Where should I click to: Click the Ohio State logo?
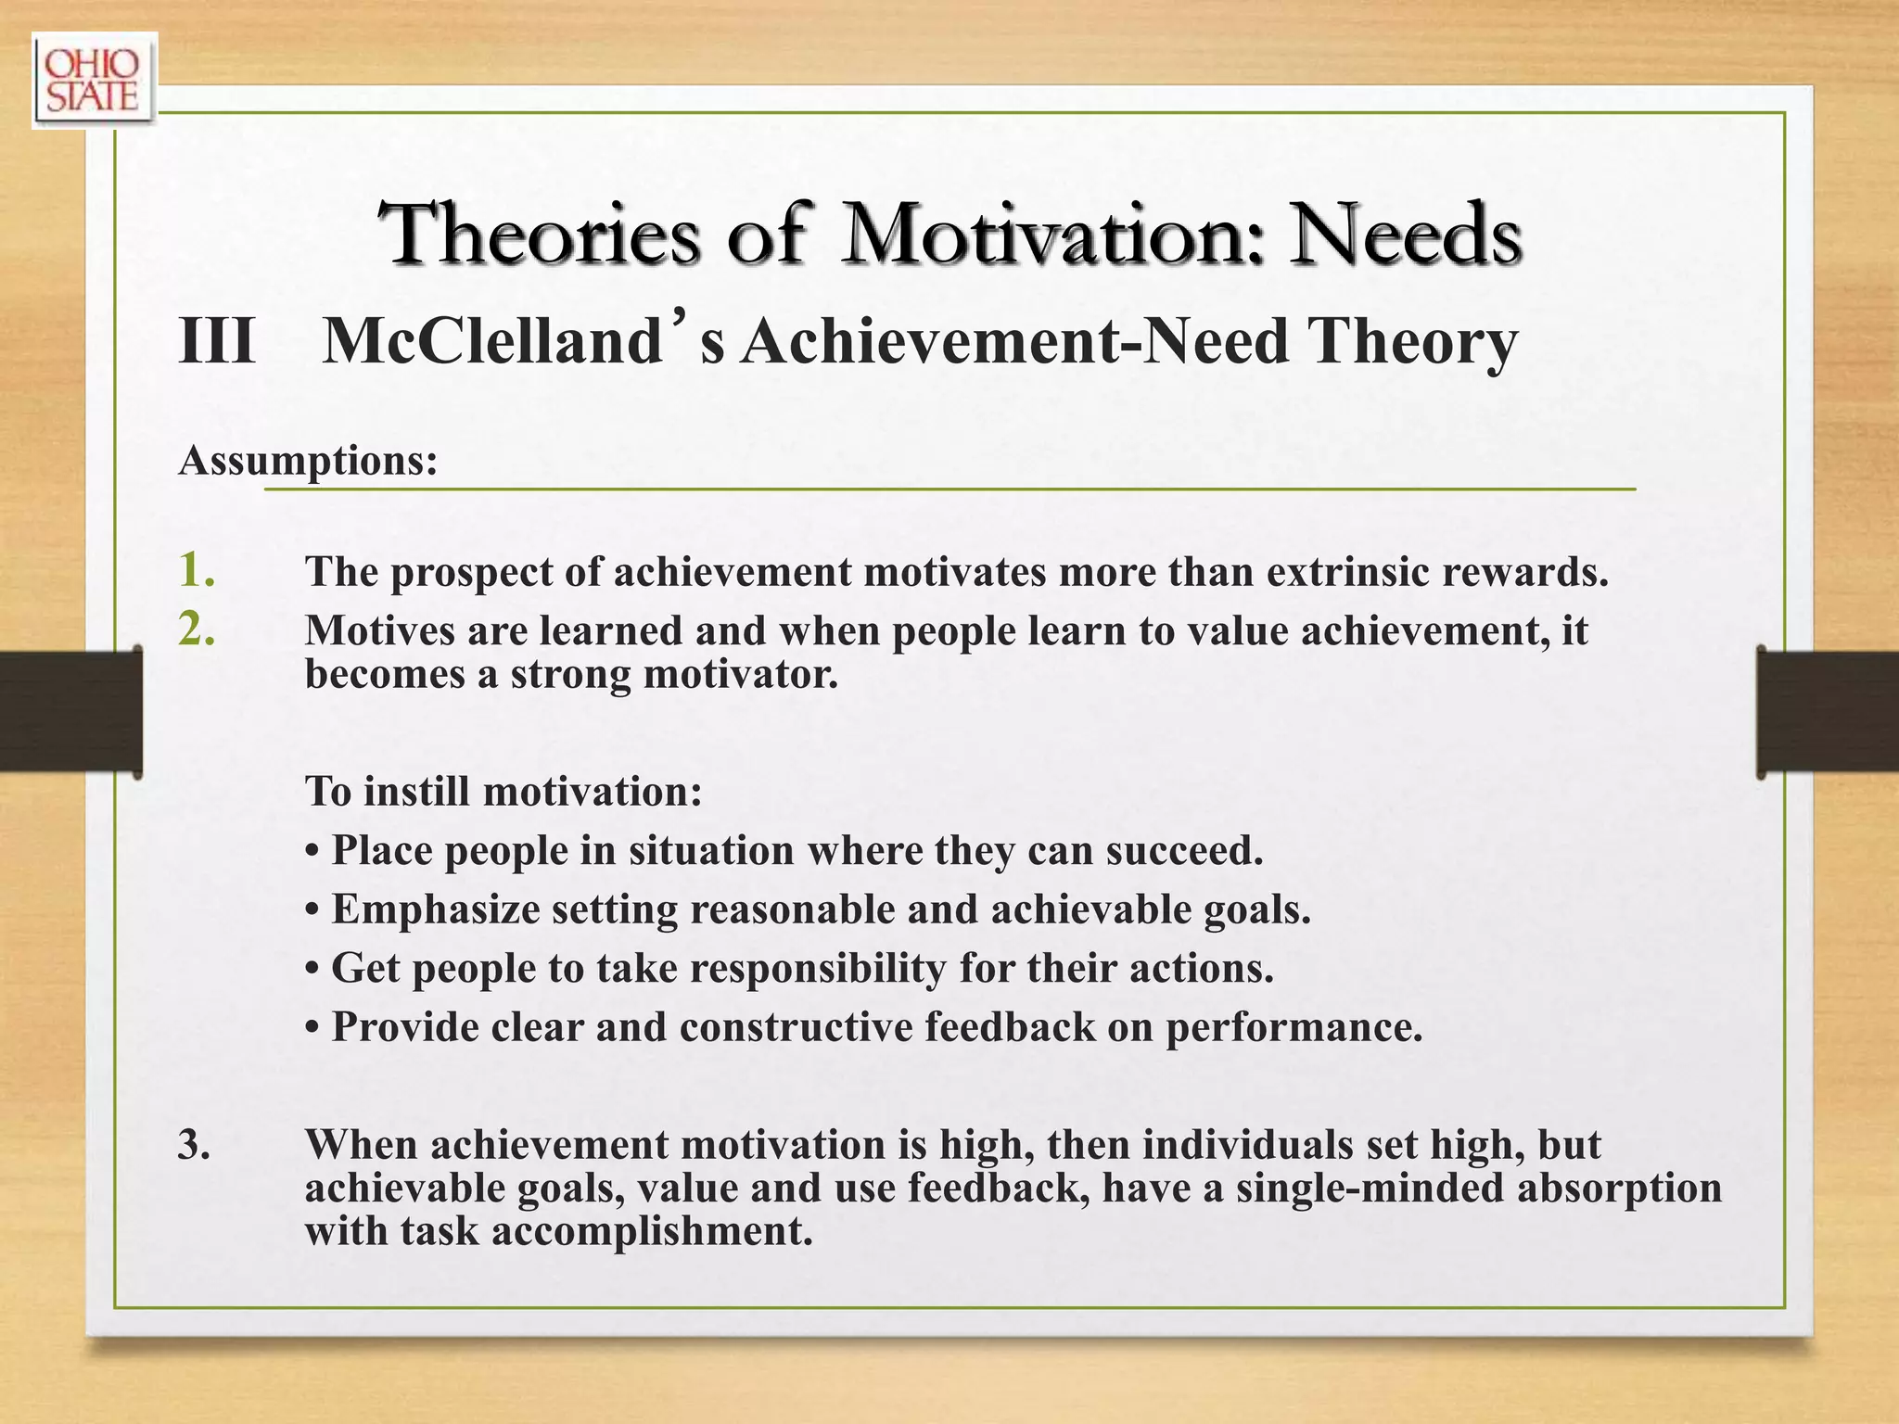pyautogui.click(x=94, y=81)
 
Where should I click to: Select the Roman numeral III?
pyautogui.click(x=216, y=341)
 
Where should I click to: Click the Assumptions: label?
pyautogui.click(x=308, y=460)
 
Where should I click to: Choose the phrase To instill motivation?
pyautogui.click(x=503, y=792)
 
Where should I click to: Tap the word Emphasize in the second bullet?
pyautogui.click(x=436, y=909)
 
